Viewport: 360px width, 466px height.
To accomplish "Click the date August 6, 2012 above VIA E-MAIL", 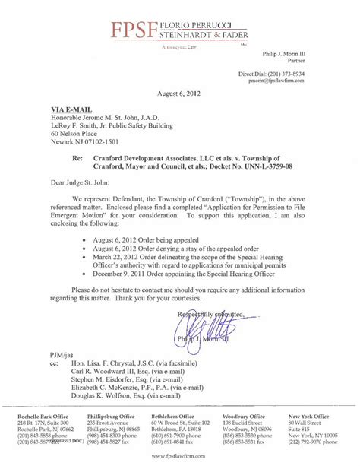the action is coord(179,93).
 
